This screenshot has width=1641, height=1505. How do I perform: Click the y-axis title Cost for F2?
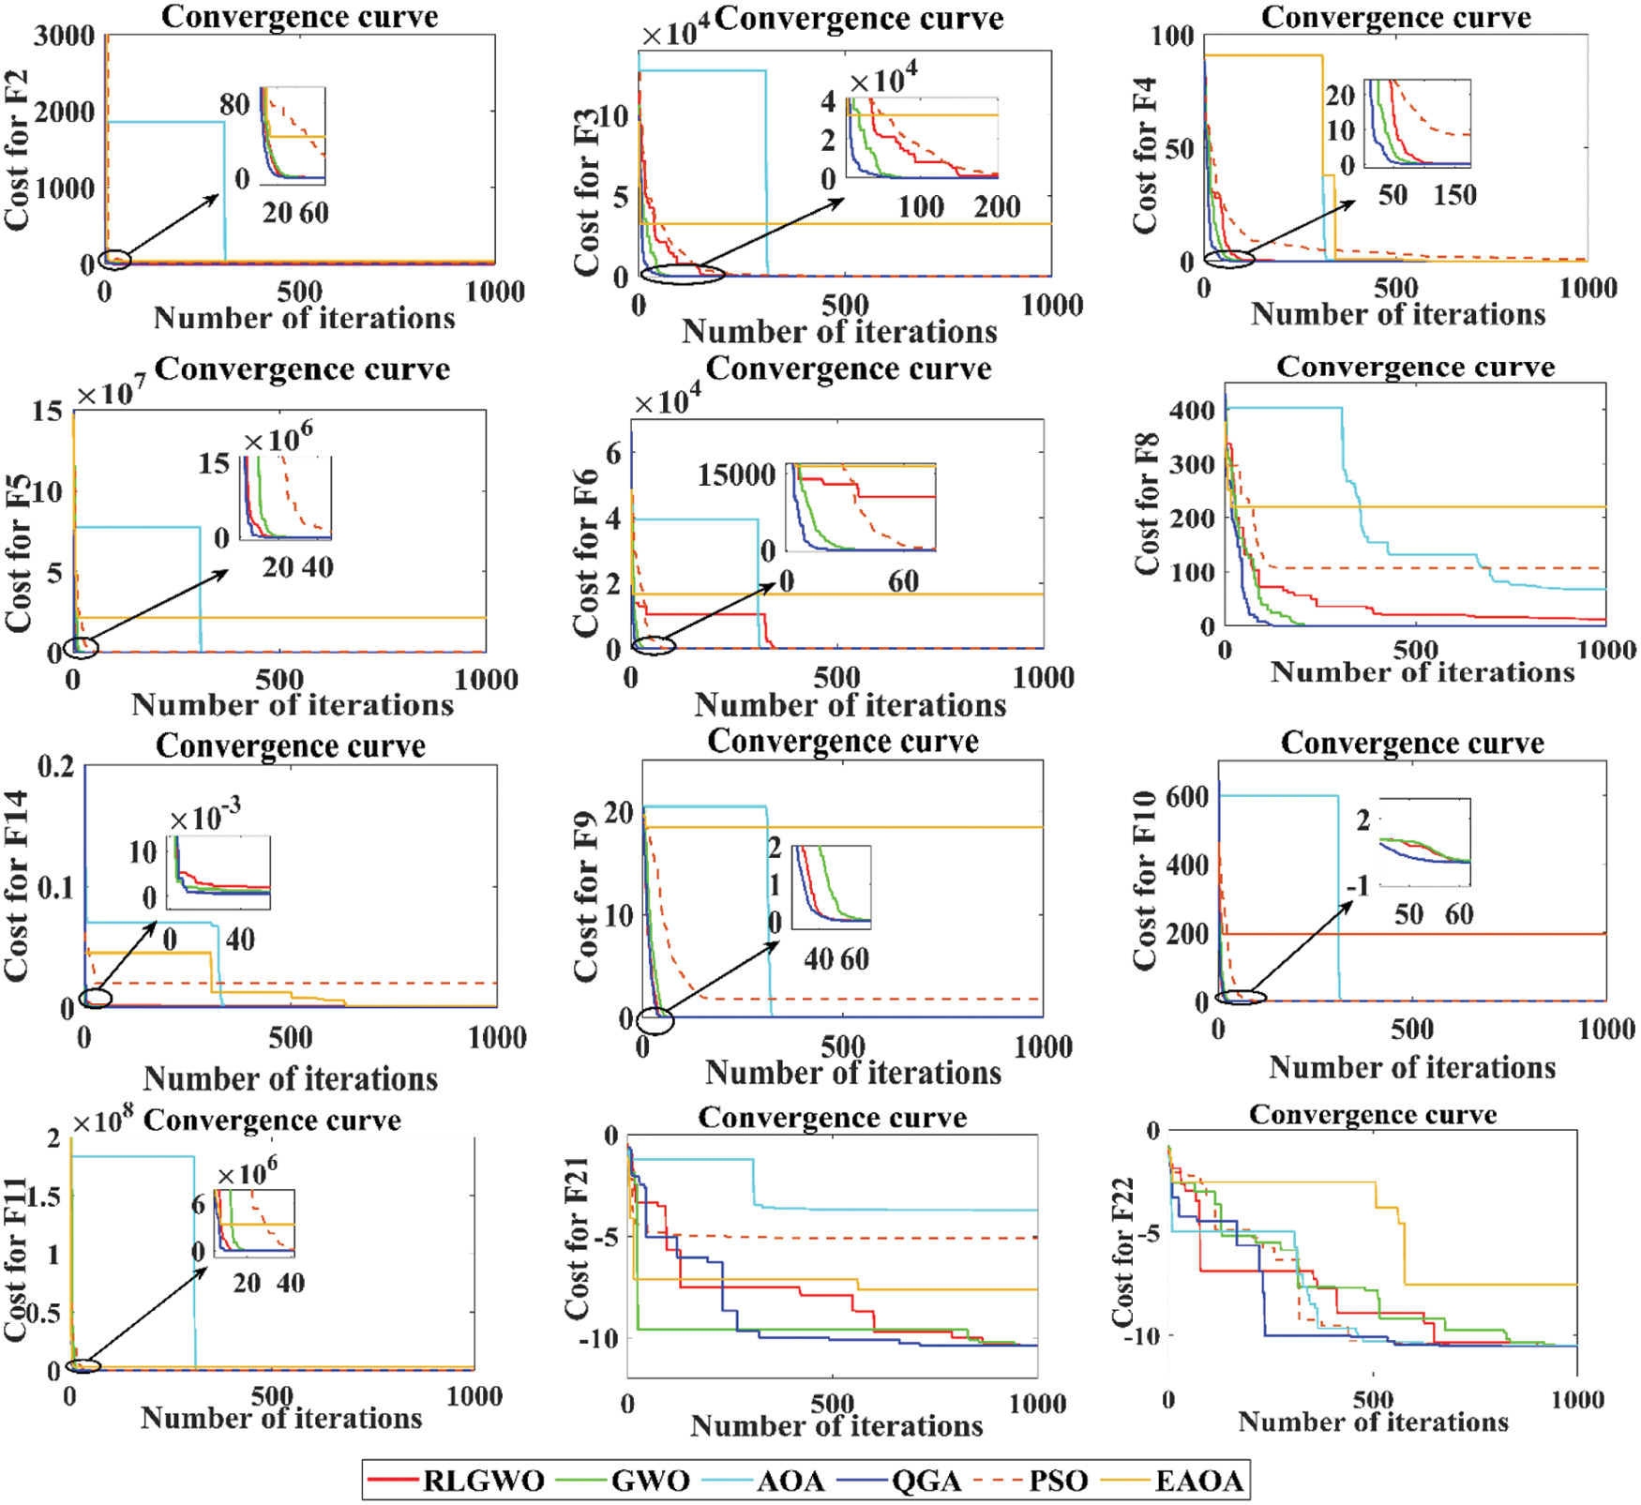17,150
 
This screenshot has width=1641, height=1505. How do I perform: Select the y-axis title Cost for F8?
1147,504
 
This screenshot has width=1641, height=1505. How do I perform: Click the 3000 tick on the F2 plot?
64,36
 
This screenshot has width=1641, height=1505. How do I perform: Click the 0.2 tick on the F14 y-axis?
56,767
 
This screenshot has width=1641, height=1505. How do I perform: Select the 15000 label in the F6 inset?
736,474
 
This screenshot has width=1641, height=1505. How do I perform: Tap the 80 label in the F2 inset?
234,103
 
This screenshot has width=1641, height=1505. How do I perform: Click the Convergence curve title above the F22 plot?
1373,1114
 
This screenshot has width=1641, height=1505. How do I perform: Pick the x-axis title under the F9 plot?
853,1073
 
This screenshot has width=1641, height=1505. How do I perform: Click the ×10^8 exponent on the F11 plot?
103,1121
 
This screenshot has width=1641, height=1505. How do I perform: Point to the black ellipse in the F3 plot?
683,274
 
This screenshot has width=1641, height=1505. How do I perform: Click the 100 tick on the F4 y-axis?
1172,36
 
